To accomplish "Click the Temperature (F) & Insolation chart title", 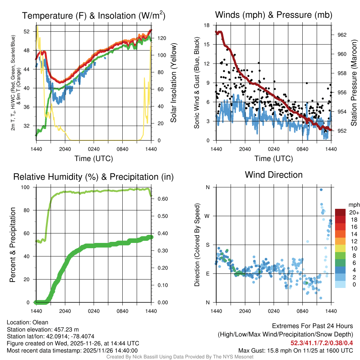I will [x=94, y=16].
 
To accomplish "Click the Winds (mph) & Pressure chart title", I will [x=274, y=15].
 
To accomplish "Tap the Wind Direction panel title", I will [x=274, y=175].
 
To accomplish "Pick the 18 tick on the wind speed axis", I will [x=207, y=25].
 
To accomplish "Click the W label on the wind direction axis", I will [x=207, y=216].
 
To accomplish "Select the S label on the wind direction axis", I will [x=207, y=245].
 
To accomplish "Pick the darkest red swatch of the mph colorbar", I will [x=341, y=212].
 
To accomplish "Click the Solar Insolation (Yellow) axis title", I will [x=173, y=83].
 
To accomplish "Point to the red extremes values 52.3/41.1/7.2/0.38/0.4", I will [x=322, y=343].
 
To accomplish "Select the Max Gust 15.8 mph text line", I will [x=295, y=350].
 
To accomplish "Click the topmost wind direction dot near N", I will [x=321, y=190].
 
